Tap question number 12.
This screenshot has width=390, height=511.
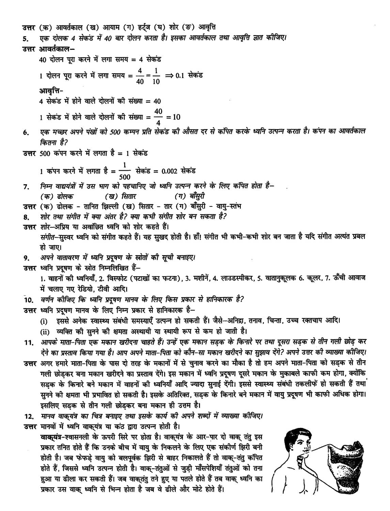[x=29, y=416]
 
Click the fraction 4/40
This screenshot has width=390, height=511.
[x=140, y=76]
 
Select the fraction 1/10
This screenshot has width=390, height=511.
[x=156, y=76]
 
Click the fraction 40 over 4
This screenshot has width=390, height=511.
[x=158, y=117]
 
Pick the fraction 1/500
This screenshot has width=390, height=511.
[x=125, y=171]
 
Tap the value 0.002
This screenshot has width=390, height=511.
[x=170, y=171]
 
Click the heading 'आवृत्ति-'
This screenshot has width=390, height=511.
[x=51, y=91]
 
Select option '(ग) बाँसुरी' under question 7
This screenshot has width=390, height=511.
[x=189, y=196]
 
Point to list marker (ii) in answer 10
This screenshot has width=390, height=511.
[x=45, y=331]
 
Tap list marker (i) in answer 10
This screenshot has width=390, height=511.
[x=44, y=321]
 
